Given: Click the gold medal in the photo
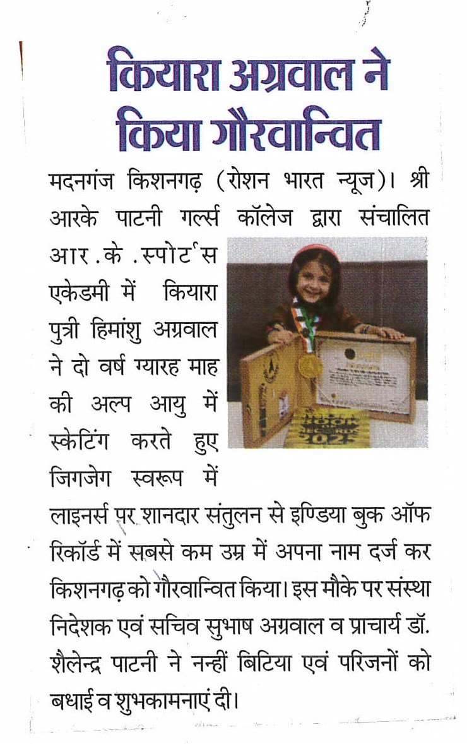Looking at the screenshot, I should click(310, 365).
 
